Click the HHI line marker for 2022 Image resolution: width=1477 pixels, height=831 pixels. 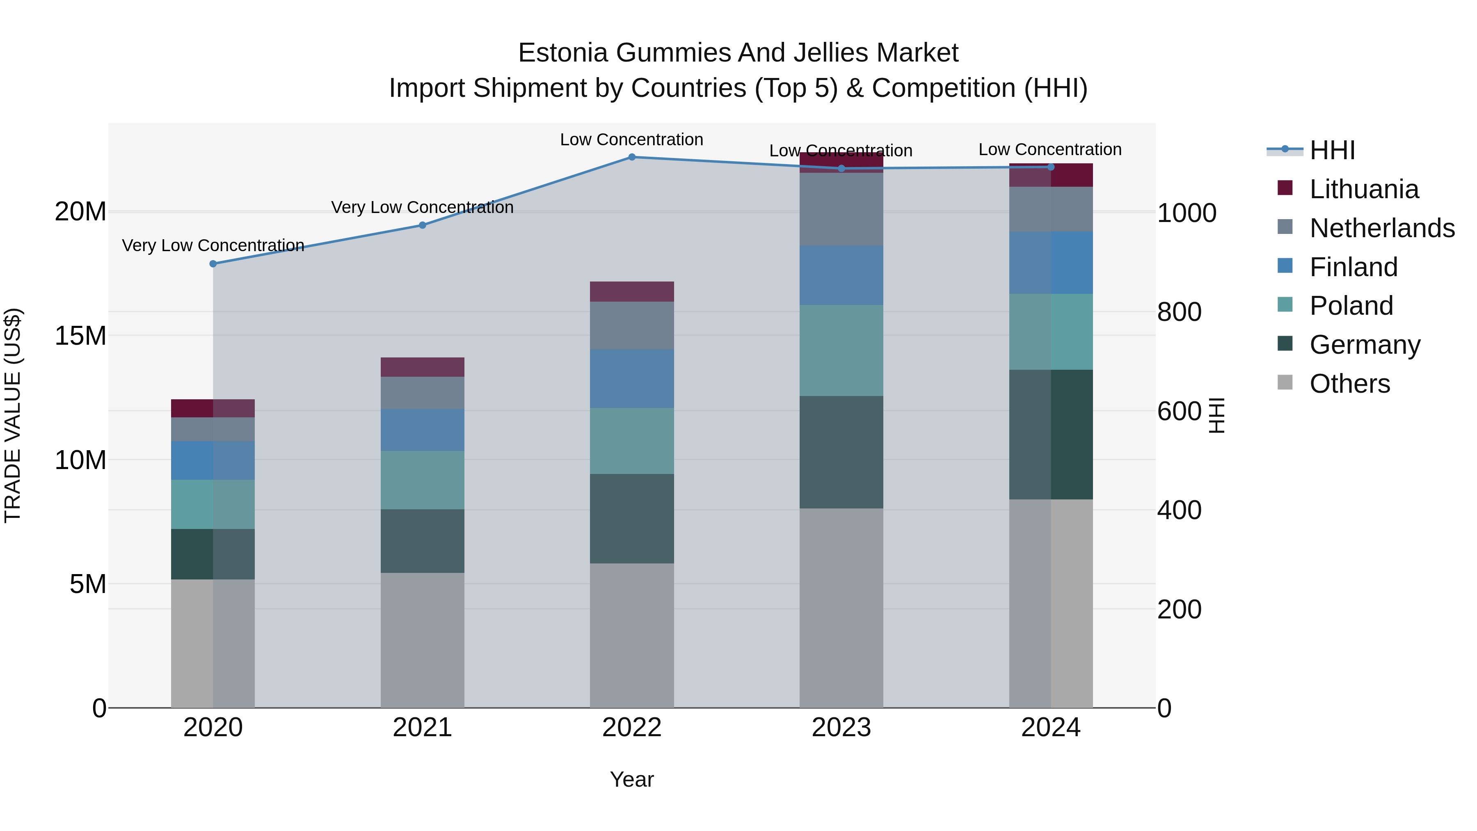[631, 157]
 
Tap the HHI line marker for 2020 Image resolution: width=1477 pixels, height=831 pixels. [213, 264]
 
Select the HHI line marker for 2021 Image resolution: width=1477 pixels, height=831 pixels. [422, 225]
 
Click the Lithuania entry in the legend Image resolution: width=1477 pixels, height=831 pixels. [1363, 189]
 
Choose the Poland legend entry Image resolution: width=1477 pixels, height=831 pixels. [1351, 306]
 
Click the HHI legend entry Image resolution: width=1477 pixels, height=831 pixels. [1331, 150]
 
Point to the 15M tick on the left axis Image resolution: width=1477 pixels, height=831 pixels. [80, 336]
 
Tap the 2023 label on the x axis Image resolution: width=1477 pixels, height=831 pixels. [841, 728]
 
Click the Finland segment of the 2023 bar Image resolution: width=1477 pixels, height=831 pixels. [841, 275]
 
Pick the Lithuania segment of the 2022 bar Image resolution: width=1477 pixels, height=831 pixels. [631, 291]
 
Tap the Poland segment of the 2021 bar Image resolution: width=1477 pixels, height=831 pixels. [422, 480]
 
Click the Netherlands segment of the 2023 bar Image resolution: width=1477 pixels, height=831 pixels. [841, 209]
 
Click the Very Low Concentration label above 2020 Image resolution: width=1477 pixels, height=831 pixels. [213, 245]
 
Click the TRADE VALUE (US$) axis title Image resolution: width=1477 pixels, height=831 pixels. [13, 415]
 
